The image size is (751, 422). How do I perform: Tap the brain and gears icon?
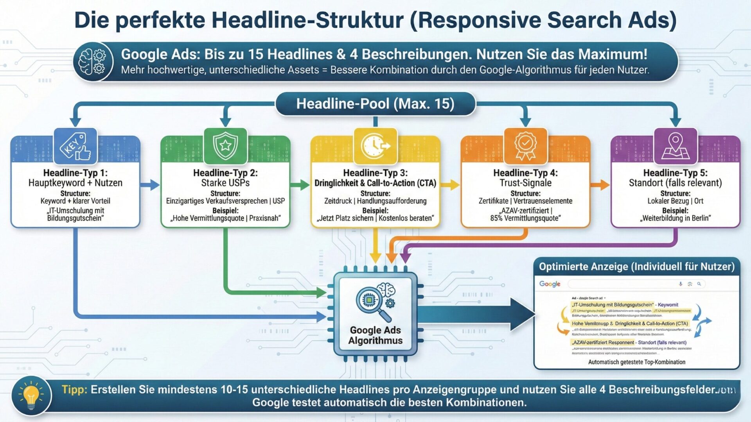[x=93, y=62]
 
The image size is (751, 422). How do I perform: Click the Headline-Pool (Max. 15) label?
[x=375, y=104]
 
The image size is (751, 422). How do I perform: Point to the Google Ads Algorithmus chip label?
[x=375, y=335]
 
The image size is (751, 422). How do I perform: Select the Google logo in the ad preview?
[x=550, y=284]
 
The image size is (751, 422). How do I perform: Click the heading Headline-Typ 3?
[x=375, y=173]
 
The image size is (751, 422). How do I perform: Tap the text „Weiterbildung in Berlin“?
[x=676, y=218]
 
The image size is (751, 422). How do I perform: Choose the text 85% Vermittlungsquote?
[x=525, y=218]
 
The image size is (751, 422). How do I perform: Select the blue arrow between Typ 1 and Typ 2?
[x=150, y=185]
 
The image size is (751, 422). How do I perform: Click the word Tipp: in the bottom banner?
[x=74, y=390]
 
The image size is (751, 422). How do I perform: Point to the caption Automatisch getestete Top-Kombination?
[x=636, y=362]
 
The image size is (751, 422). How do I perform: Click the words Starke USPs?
[x=225, y=183]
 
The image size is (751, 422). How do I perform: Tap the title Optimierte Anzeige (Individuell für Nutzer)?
[x=636, y=267]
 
